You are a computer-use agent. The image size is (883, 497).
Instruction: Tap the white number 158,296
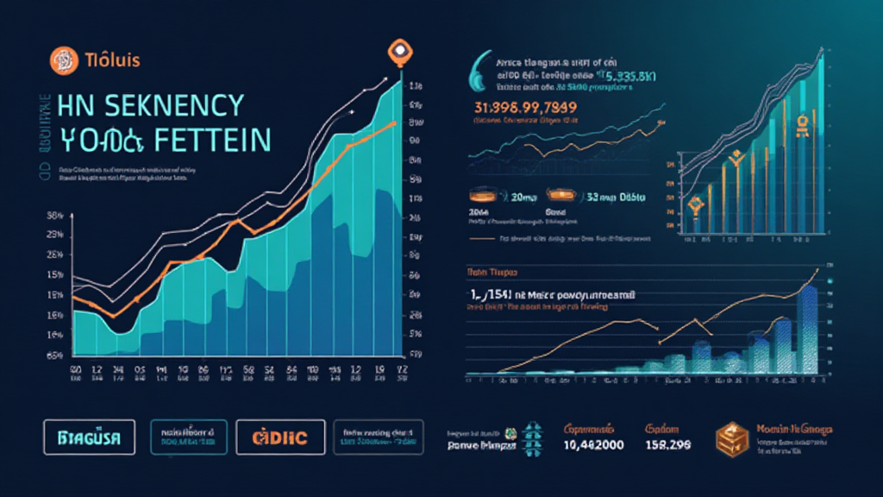(x=668, y=446)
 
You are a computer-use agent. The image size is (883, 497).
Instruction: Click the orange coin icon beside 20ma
(x=482, y=197)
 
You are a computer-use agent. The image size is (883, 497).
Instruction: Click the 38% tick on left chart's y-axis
(x=55, y=215)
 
